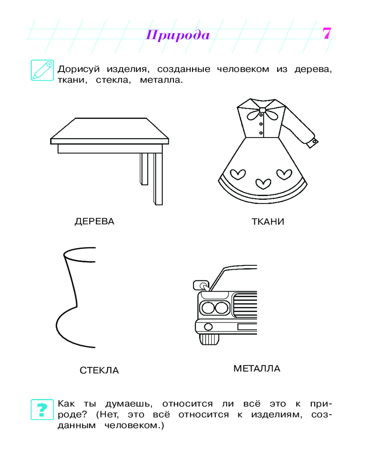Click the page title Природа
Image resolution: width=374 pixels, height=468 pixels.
[x=178, y=35]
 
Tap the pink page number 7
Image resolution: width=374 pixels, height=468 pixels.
[x=327, y=33]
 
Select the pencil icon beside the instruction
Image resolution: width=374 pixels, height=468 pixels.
[x=43, y=70]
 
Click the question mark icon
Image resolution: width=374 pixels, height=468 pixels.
[x=43, y=409]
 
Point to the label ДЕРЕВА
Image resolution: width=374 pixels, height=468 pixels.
[x=94, y=221]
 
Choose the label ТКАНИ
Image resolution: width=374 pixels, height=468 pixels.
[x=268, y=221]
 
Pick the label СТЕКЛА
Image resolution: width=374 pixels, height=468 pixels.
[x=99, y=370]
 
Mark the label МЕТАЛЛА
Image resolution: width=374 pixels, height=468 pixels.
[x=257, y=368]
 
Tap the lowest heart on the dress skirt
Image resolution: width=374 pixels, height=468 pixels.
[x=264, y=183]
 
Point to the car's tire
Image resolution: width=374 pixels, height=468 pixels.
[x=209, y=339]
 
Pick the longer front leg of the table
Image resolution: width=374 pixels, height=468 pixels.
[x=158, y=179]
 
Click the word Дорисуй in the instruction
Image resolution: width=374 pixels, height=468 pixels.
[x=79, y=69]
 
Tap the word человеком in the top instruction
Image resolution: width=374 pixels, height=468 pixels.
[x=243, y=69]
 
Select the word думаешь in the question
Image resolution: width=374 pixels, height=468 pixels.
[x=129, y=404]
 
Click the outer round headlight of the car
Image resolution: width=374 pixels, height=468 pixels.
[x=208, y=307]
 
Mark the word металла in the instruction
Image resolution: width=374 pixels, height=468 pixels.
[x=161, y=80]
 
